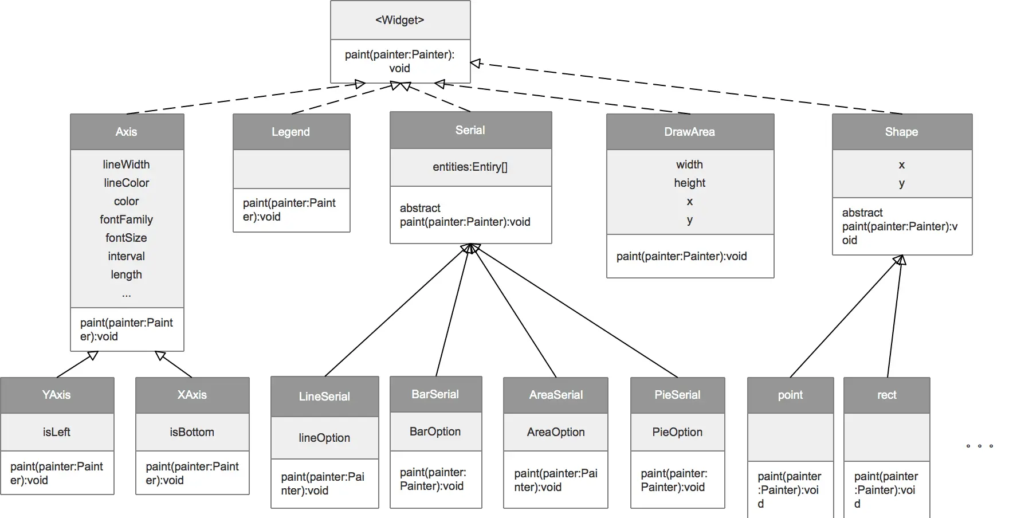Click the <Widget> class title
pyautogui.click(x=400, y=20)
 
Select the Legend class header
pyautogui.click(x=291, y=132)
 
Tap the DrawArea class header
pyautogui.click(x=690, y=132)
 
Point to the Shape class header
pyautogui.click(x=902, y=132)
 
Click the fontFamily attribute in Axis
pyautogui.click(x=126, y=219)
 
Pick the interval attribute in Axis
pyautogui.click(x=126, y=256)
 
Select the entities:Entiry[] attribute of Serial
pyautogui.click(x=470, y=167)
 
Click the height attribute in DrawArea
pyautogui.click(x=690, y=183)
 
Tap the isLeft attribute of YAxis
pyautogui.click(x=57, y=432)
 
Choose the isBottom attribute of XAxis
pyautogui.click(x=192, y=432)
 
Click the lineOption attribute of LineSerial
pyautogui.click(x=324, y=438)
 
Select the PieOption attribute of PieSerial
pyautogui.click(x=677, y=432)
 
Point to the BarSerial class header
pyautogui.click(x=435, y=394)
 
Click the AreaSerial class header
pyautogui.click(x=556, y=395)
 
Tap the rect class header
pyautogui.click(x=887, y=395)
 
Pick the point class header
pyautogui.click(x=791, y=395)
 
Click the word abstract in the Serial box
pyautogui.click(x=420, y=208)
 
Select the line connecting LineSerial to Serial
pyautogui.click(x=397, y=310)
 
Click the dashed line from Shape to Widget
pyautogui.click(x=686, y=88)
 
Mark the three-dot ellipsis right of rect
pyautogui.click(x=980, y=446)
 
